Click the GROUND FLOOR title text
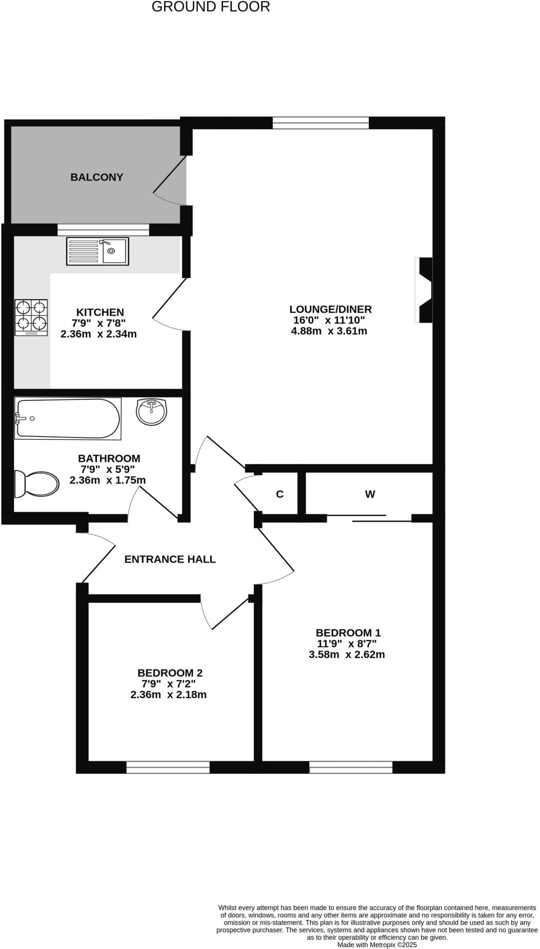coord(210,7)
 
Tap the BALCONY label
coord(96,177)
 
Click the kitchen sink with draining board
coord(97,251)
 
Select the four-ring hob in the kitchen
coord(31,317)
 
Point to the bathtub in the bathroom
coord(68,418)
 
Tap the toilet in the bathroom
coord(36,484)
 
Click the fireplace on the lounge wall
coord(424,290)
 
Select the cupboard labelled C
coord(280,494)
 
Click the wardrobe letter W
coord(369,494)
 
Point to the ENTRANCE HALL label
coord(170,559)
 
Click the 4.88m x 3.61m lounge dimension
coord(329,331)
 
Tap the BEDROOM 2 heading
coord(170,673)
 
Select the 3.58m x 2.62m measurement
coord(347,655)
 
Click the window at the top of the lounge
coord(320,123)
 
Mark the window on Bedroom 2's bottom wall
coord(168,767)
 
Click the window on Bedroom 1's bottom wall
coord(351,767)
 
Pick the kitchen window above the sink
coord(103,230)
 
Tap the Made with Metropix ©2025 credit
coord(377,944)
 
